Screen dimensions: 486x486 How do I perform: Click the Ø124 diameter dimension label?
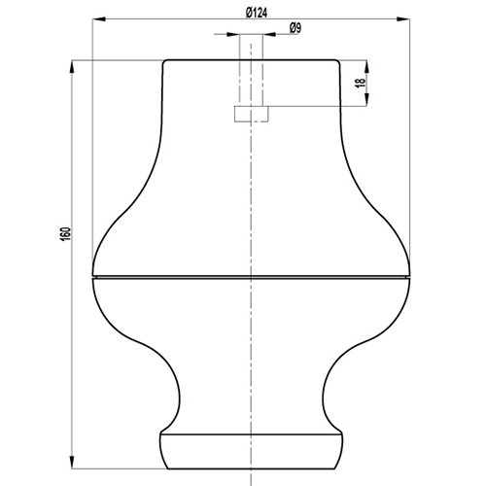[x=257, y=13]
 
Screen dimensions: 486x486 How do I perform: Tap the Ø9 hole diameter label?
[x=295, y=28]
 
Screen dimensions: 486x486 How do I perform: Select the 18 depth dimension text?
[x=361, y=84]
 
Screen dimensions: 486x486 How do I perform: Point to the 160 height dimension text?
[x=65, y=234]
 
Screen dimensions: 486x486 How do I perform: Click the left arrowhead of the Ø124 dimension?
[x=99, y=19]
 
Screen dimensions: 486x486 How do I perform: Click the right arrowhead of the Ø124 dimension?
[x=403, y=19]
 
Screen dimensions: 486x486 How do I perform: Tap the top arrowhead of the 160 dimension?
[x=72, y=67]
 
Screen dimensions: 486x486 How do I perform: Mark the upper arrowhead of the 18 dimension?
[x=366, y=67]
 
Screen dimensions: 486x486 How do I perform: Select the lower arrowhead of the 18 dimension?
[x=366, y=99]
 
